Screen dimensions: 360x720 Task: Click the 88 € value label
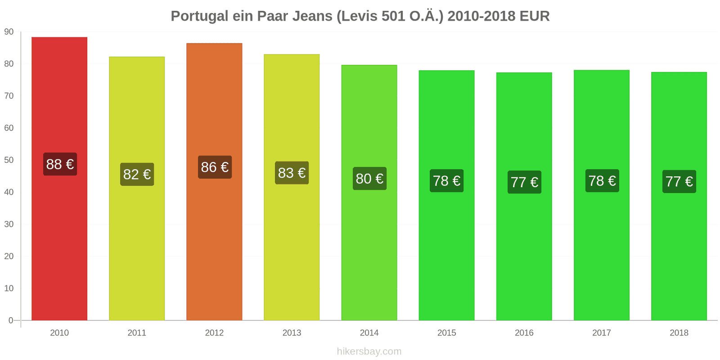tap(60, 164)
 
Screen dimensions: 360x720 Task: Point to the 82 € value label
tap(137, 174)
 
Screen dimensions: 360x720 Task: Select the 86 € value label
tap(215, 167)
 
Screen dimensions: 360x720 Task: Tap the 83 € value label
tap(292, 173)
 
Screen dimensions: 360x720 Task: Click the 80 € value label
tap(369, 179)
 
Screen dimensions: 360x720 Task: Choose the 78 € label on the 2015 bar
tap(446, 181)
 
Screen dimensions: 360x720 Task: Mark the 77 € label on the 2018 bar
tap(679, 181)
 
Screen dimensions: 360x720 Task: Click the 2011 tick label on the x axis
tap(137, 333)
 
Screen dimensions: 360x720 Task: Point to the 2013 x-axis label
tap(292, 333)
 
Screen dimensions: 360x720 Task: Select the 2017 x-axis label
tap(602, 333)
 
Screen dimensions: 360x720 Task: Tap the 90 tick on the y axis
tap(9, 31)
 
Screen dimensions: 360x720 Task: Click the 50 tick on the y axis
tap(9, 160)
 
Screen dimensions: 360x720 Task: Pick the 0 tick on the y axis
tap(11, 320)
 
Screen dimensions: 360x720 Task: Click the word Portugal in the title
tap(199, 16)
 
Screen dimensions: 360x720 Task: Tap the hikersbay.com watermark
tap(369, 351)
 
